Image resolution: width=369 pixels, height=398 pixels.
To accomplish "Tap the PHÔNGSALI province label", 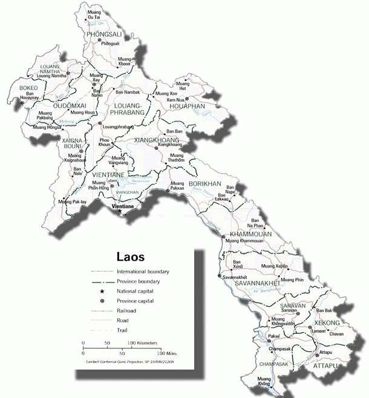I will [105, 35].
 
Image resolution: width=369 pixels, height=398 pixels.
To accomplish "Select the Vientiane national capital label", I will [127, 207].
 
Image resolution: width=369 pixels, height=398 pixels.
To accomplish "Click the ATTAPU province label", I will [325, 366].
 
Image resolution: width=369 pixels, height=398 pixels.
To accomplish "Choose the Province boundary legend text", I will [139, 282].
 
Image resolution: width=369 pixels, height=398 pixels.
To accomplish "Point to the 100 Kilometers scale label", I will [142, 342].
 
